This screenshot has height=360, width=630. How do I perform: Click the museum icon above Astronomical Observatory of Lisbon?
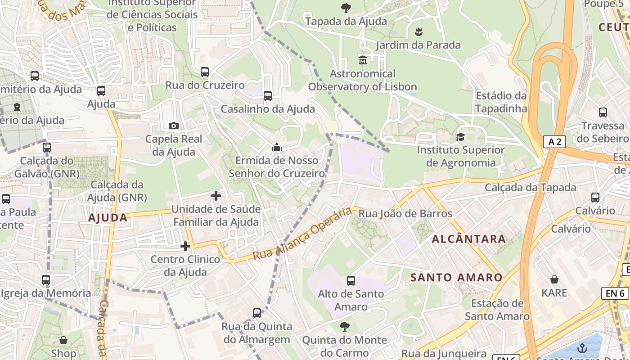[363, 59]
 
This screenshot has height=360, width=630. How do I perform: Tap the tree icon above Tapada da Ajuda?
[346, 7]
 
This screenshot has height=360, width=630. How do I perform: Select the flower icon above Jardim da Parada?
[418, 31]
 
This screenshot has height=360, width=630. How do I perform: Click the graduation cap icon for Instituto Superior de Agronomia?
[460, 137]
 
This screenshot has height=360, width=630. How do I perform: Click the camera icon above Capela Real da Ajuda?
[173, 126]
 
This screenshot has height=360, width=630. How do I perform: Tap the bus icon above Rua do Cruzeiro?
[205, 72]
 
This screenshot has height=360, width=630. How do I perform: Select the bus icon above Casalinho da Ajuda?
[268, 95]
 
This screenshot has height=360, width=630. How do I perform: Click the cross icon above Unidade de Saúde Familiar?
[216, 196]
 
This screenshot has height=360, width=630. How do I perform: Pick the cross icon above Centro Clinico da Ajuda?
[185, 246]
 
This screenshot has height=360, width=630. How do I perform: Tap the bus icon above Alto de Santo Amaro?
[351, 281]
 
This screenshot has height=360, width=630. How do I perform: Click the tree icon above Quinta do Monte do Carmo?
[345, 326]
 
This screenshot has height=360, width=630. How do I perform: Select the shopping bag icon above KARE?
[554, 279]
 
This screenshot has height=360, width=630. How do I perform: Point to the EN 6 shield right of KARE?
[615, 293]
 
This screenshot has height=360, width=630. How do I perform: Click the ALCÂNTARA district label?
[469, 239]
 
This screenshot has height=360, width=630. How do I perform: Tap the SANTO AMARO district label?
[456, 278]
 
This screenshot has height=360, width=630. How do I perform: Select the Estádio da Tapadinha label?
[501, 102]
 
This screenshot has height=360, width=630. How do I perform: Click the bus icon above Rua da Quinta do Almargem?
[257, 313]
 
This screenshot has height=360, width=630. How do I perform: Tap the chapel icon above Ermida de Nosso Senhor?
[276, 147]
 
